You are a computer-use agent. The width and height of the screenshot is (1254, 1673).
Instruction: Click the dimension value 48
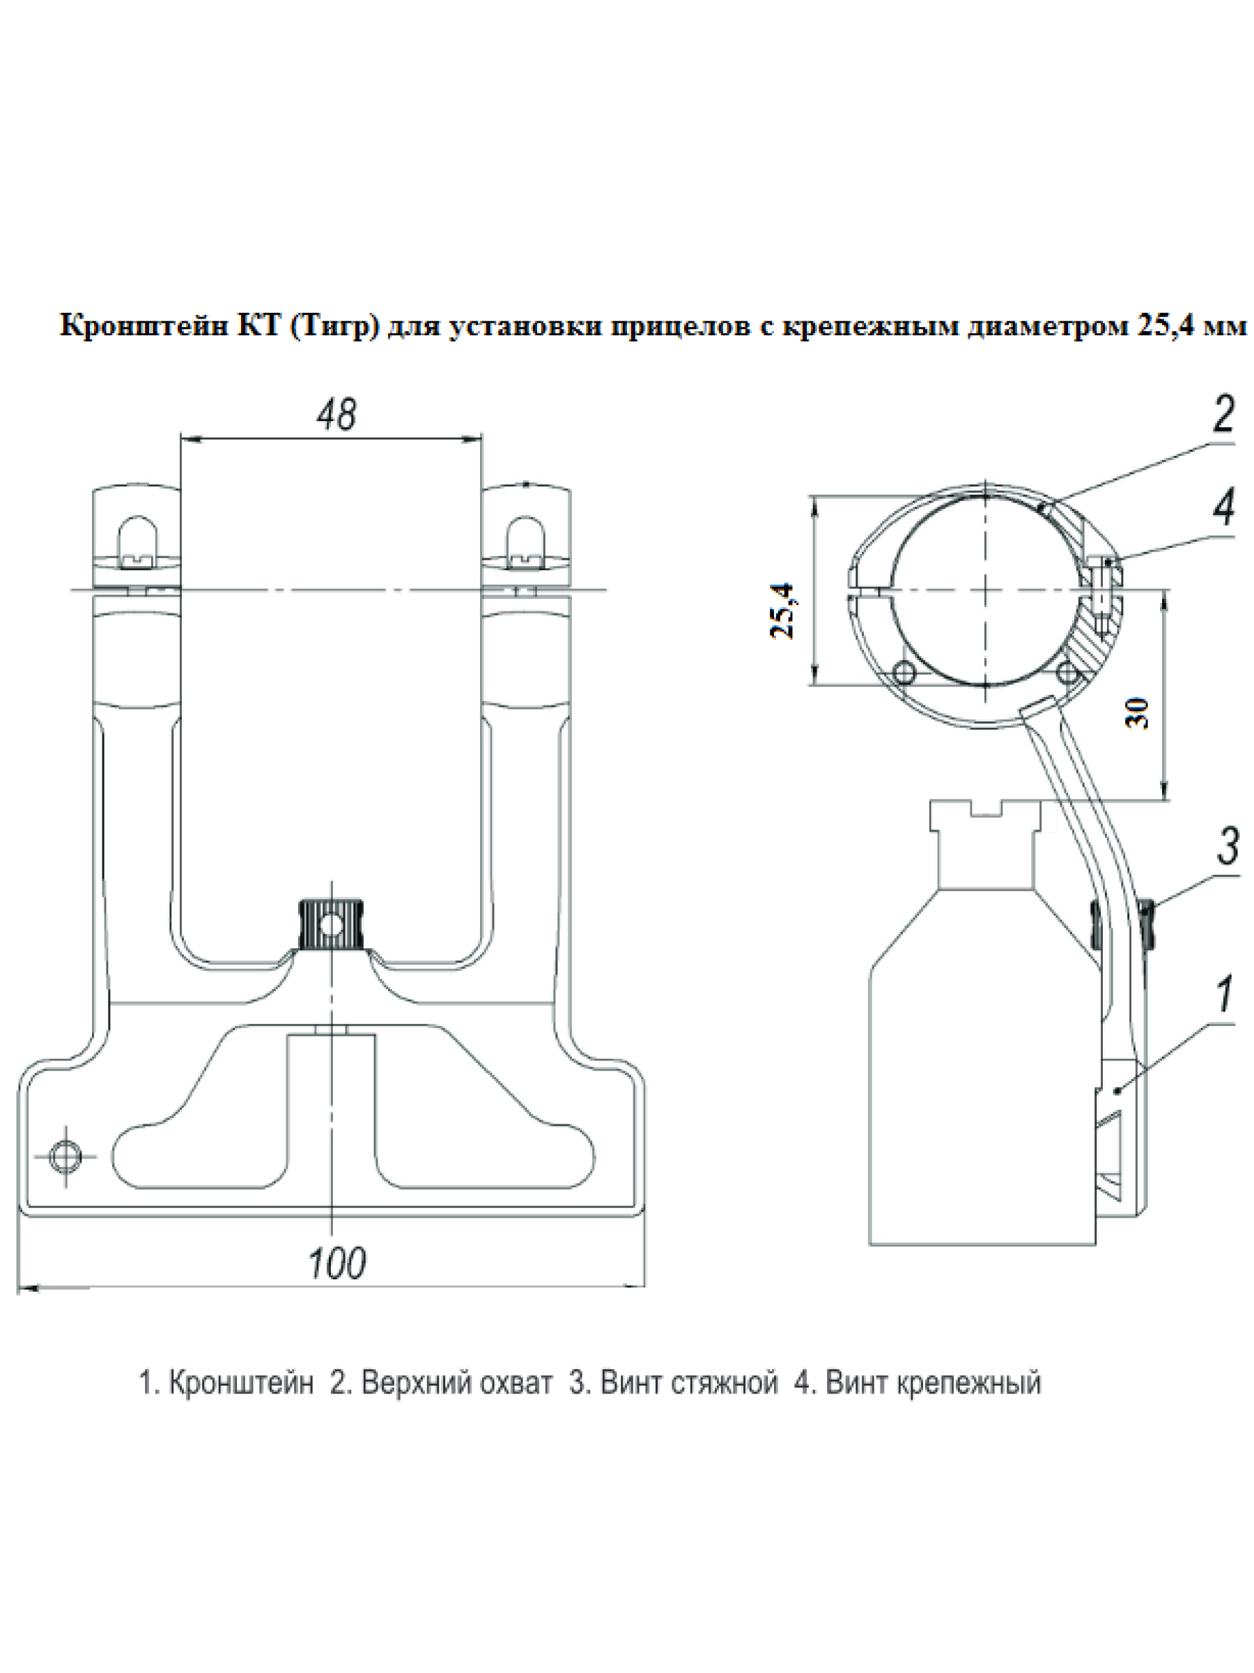point(336,415)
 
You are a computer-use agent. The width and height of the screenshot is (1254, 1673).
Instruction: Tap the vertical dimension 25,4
point(783,611)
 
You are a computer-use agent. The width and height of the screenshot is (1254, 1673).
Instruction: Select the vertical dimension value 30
point(1138,712)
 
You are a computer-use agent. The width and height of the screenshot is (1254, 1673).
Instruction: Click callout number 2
point(1224,415)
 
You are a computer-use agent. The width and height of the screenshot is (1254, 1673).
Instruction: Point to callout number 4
point(1225,508)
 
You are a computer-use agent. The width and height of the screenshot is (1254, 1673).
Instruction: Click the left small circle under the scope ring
point(904,671)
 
